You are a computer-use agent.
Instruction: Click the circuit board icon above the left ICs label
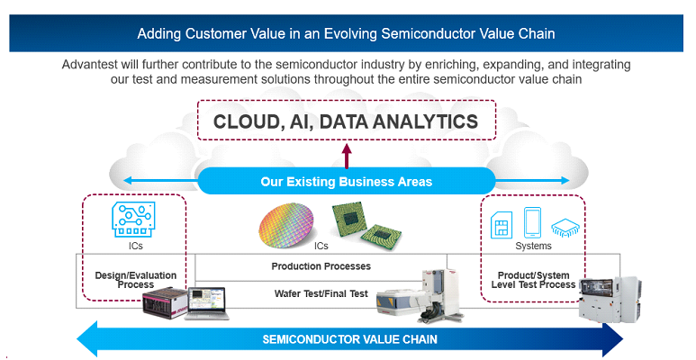[133, 220]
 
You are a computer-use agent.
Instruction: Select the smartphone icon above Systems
[532, 223]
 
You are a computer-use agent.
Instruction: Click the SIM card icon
[502, 225]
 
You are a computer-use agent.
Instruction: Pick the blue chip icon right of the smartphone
[565, 228]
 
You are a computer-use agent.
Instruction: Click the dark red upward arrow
[347, 156]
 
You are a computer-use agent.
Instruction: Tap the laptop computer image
[208, 303]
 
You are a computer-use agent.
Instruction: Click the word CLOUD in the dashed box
[247, 121]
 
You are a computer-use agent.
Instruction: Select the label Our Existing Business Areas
[347, 182]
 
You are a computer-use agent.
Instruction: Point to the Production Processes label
[321, 266]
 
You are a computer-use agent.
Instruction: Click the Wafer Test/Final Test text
[321, 293]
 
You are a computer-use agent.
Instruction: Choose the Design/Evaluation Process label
[135, 280]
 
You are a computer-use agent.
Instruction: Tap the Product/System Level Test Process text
[533, 280]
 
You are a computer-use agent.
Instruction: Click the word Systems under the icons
[533, 246]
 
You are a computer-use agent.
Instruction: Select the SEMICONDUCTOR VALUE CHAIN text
[349, 339]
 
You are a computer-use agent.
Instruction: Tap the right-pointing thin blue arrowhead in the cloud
[565, 180]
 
